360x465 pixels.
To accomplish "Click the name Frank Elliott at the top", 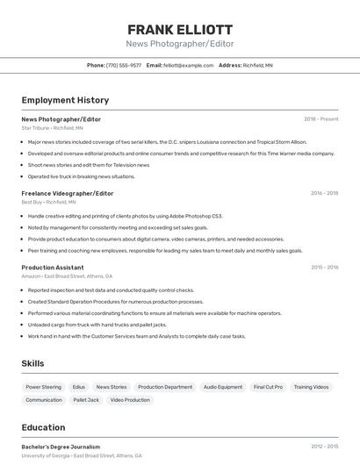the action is [180, 29].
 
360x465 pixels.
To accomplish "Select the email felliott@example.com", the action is [188, 65].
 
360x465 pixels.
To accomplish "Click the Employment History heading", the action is [65, 100].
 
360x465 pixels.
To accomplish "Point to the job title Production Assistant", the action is [53, 267].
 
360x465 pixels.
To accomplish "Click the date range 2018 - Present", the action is [320, 118].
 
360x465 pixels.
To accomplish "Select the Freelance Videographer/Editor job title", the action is [68, 193].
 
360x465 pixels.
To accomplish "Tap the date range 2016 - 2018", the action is [324, 193].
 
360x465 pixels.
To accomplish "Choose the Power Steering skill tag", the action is [44, 387].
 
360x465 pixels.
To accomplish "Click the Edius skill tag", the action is [79, 387].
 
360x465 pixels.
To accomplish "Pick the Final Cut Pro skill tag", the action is [268, 387].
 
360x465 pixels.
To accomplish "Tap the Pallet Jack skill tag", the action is [86, 400].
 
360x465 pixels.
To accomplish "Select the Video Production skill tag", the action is [130, 400].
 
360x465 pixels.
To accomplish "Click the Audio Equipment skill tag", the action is [222, 387].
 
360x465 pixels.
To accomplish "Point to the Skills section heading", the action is [33, 363].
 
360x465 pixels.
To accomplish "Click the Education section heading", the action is [43, 427].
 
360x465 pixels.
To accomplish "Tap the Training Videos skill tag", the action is [312, 387].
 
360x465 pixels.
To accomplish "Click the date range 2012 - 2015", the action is [324, 447].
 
